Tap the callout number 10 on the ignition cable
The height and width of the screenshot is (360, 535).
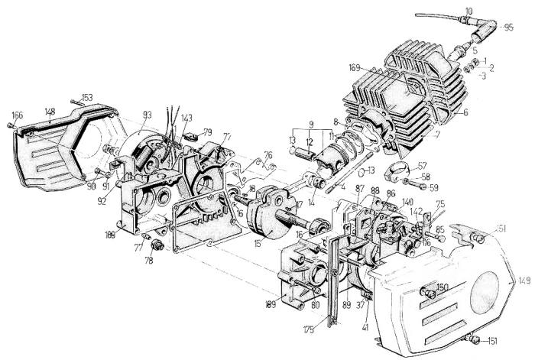pos(468,10)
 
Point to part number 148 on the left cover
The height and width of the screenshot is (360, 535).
pos(50,112)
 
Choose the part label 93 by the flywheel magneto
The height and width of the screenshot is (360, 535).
pos(147,115)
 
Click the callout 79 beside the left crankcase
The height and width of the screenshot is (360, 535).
pos(207,131)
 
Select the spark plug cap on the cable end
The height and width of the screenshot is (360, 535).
pos(484,31)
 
